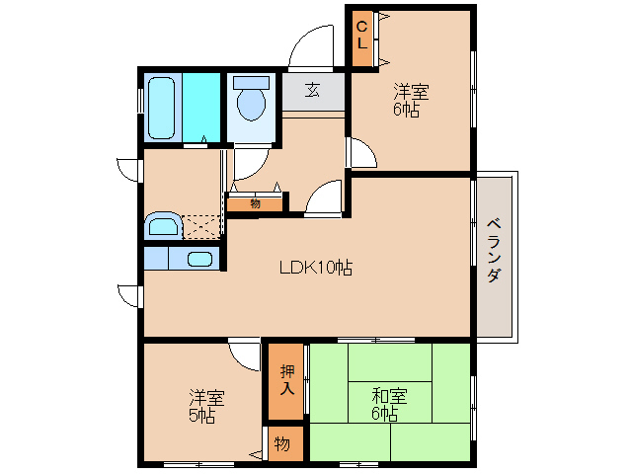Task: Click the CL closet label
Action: point(361,37)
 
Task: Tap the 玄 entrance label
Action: point(312,91)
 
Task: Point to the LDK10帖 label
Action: point(315,266)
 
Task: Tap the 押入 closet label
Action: point(286,379)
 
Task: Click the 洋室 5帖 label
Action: point(206,406)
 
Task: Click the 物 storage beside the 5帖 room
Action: point(282,444)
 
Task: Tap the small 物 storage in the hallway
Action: point(255,204)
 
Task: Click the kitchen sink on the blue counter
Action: point(199,260)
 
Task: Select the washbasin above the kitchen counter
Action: point(162,226)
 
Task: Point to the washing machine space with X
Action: point(202,227)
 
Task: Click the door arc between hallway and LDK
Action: point(323,197)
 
